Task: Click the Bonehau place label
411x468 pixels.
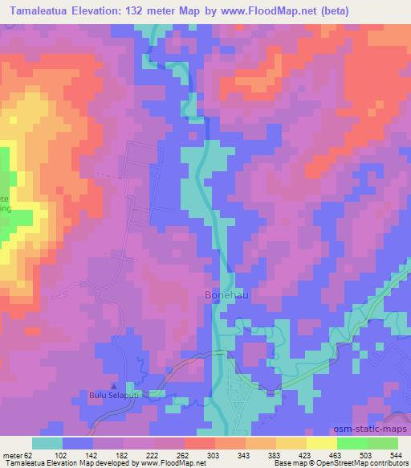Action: (219, 297)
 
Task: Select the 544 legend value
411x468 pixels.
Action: (393, 454)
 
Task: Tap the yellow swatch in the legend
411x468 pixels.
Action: (321, 443)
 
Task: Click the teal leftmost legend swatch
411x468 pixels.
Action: (47, 443)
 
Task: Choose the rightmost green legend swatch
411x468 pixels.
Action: (382, 443)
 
